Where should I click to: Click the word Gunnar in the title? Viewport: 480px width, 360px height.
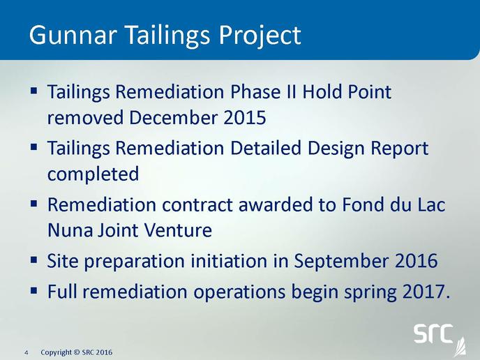click(x=73, y=35)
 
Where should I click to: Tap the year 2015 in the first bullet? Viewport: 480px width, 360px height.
click(x=245, y=117)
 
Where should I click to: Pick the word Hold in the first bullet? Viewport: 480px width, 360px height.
click(x=322, y=91)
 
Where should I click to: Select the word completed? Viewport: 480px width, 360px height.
click(x=93, y=174)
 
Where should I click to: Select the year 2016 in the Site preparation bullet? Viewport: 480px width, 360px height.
click(x=417, y=261)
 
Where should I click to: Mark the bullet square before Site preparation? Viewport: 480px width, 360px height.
click(x=34, y=261)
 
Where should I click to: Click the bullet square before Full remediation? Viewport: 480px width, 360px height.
click(x=34, y=290)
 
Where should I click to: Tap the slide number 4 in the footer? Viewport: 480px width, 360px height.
click(x=27, y=352)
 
